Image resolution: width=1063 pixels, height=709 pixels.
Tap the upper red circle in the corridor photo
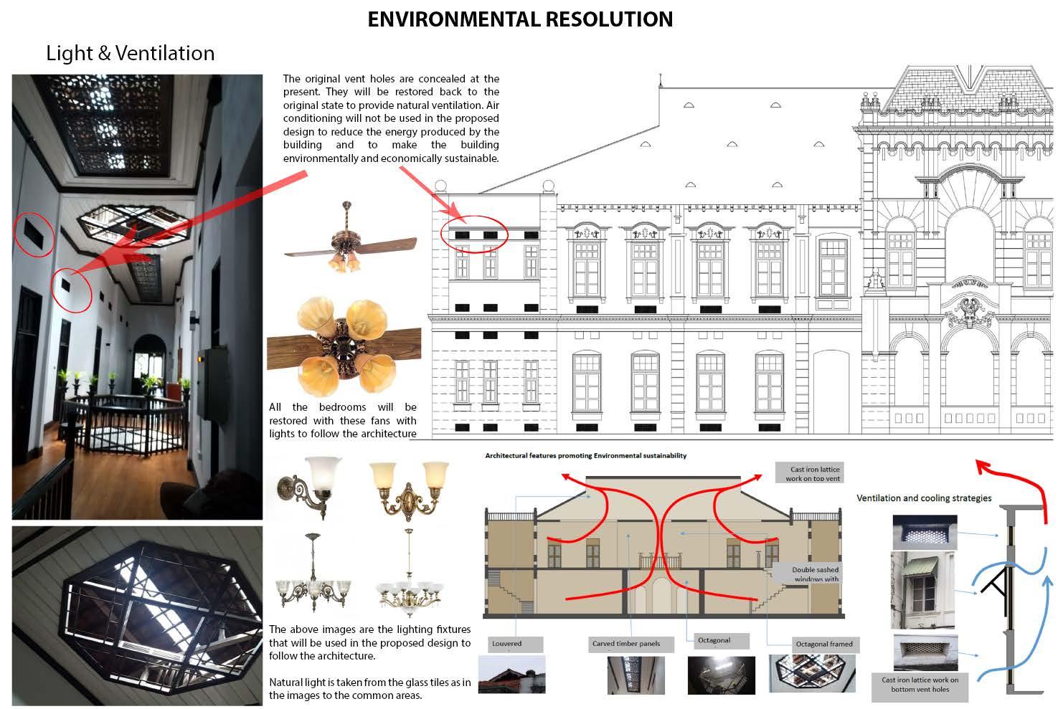click(34, 234)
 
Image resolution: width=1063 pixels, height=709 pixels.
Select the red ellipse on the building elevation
click(474, 234)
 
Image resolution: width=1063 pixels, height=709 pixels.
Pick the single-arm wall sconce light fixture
click(308, 485)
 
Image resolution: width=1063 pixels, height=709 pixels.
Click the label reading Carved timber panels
click(626, 644)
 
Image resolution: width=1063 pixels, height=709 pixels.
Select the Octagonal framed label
click(824, 644)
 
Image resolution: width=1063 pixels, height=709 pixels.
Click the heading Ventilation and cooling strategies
click(924, 498)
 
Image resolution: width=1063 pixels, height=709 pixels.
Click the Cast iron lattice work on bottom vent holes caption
click(920, 685)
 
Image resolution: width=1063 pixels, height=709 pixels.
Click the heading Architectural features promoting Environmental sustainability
click(585, 455)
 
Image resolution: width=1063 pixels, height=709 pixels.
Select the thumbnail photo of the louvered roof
click(511, 675)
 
